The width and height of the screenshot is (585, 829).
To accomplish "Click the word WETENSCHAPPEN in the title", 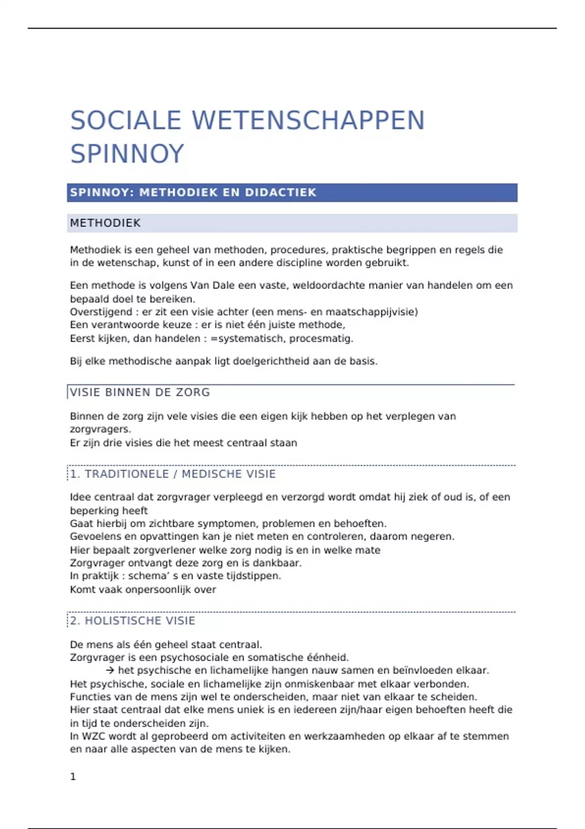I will pos(308,120).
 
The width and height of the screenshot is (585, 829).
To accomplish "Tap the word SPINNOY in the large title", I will pos(127,154).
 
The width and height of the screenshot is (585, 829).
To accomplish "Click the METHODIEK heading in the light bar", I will pos(105,223).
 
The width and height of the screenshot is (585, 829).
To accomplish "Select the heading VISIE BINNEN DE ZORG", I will pos(140,393).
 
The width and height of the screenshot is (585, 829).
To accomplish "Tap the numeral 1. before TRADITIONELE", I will pos(75,474).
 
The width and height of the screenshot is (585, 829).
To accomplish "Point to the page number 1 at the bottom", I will pos(73,777).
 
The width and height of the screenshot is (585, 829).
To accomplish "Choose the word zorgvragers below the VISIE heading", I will pos(100,430).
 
